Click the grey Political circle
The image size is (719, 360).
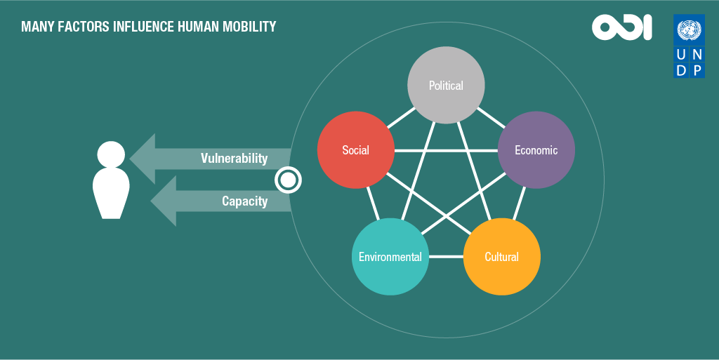[x=446, y=85]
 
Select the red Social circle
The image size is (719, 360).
[x=356, y=150]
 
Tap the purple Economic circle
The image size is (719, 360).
[x=536, y=150]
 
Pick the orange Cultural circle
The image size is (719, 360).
[x=501, y=256]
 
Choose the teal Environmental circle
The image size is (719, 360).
[x=390, y=256]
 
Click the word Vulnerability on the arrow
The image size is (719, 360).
[x=235, y=159]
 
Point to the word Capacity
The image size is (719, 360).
[x=245, y=201]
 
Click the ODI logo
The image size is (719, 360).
[x=622, y=27]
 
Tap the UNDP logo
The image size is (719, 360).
[x=690, y=46]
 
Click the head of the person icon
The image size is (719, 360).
[x=111, y=154]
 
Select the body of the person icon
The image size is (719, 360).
[x=111, y=193]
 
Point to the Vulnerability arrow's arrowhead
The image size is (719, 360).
[x=143, y=159]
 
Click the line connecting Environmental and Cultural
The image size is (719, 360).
[x=446, y=256]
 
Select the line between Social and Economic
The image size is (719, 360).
[x=446, y=150]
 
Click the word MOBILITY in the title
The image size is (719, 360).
[x=249, y=27]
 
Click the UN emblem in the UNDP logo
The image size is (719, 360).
[x=690, y=30]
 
